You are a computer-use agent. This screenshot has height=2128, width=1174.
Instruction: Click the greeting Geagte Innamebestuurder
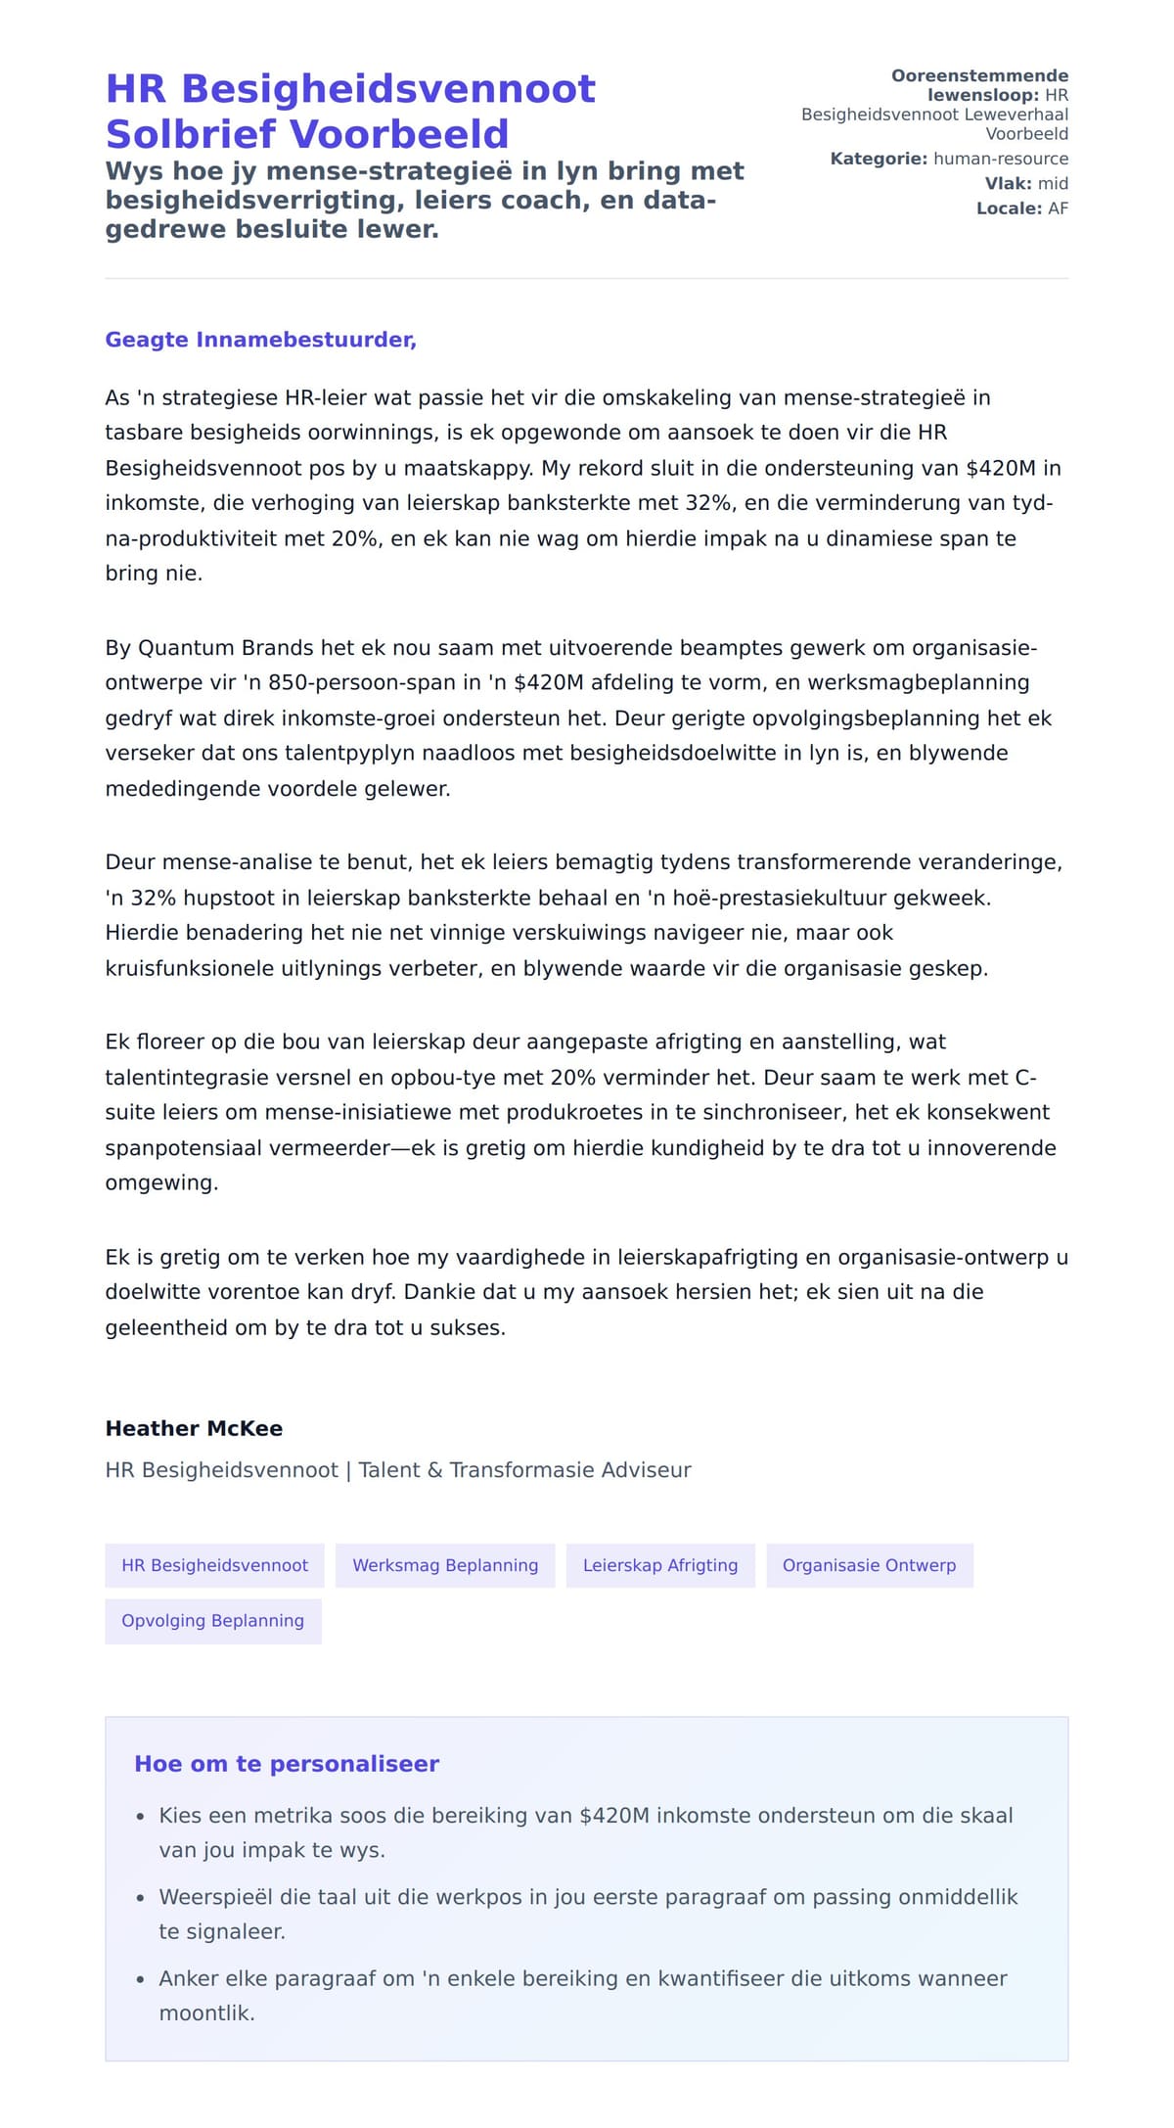260,340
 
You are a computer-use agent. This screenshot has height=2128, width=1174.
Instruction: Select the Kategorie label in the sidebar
878,159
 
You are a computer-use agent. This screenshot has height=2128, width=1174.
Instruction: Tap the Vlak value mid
1053,183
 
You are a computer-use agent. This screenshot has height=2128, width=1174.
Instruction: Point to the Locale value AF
1058,208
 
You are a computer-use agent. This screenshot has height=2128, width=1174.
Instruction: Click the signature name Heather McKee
194,1428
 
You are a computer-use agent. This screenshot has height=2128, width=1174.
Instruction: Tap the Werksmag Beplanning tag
445,1565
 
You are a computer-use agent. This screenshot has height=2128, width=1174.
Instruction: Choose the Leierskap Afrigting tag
660,1565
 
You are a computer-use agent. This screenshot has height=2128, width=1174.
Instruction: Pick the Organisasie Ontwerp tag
869,1565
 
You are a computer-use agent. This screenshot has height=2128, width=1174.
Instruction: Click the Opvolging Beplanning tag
212,1620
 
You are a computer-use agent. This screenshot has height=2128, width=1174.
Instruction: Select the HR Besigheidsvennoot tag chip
214,1565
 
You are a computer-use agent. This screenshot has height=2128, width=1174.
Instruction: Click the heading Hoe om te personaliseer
287,1763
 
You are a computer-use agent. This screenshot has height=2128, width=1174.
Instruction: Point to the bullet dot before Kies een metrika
140,1817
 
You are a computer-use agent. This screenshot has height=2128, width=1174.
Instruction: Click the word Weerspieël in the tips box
215,1897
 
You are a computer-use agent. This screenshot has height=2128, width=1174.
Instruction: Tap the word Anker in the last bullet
189,1978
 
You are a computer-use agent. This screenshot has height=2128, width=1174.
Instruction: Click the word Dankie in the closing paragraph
434,1292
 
